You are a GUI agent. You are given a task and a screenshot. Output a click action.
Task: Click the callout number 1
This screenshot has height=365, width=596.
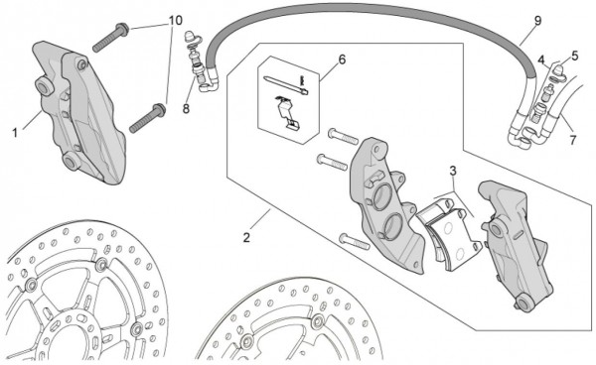[x=15, y=133]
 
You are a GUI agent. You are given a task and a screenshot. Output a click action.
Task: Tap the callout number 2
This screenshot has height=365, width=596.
[x=246, y=238]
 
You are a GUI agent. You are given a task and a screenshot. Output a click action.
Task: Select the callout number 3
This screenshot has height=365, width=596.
[x=453, y=172]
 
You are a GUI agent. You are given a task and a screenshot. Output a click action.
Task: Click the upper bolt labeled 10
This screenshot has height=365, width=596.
[x=110, y=38]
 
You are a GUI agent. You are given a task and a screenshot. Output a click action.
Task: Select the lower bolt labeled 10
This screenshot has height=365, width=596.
[x=147, y=118]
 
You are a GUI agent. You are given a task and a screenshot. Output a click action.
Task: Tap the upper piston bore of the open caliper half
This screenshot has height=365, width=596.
[x=382, y=197]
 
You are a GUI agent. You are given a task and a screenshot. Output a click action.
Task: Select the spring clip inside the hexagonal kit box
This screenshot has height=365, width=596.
[x=288, y=113]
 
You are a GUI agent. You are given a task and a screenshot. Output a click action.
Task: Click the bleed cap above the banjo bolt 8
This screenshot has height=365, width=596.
[x=189, y=37]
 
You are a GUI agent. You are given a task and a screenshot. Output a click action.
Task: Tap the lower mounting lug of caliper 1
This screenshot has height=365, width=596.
[x=72, y=162]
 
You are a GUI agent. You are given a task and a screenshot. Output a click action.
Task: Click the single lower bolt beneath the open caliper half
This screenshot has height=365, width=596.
[x=355, y=242]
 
